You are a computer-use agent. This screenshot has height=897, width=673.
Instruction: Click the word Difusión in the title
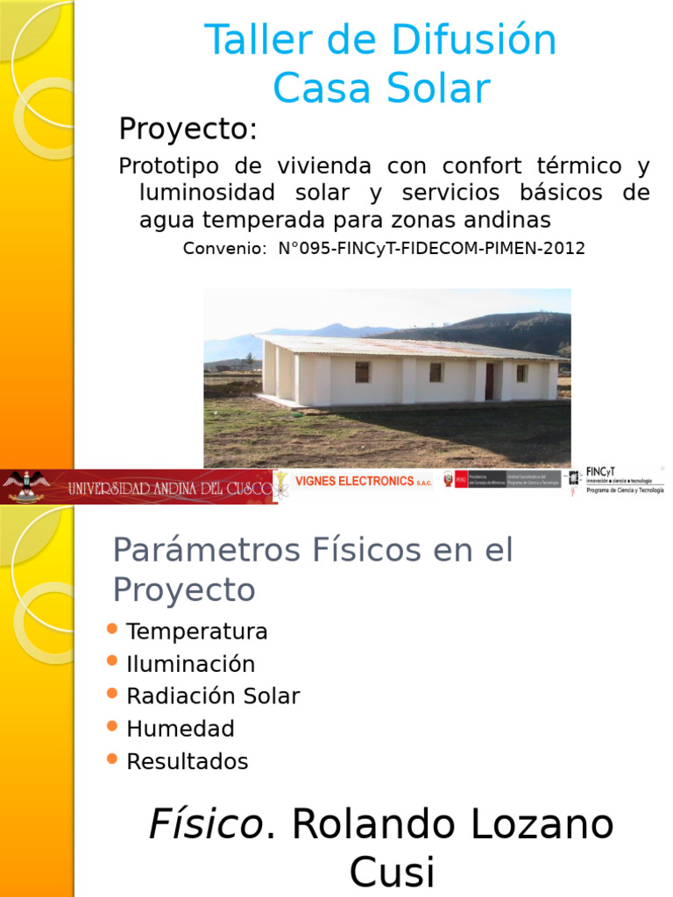pos(473,40)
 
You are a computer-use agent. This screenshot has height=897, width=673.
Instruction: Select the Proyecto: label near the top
pos(188,130)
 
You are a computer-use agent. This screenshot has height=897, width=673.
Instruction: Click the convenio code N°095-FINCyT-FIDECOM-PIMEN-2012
pos(430,248)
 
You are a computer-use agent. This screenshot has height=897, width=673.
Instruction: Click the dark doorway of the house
pos(489,380)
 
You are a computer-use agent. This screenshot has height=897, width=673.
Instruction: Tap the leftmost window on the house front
pos(362,372)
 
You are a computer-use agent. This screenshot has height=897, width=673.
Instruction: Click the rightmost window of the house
pos(521,372)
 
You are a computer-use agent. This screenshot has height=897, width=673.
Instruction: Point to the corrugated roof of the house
pos(403,346)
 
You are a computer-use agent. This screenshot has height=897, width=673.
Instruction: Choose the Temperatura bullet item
pos(196,632)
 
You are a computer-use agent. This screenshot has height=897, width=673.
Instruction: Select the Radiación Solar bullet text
pos(212,696)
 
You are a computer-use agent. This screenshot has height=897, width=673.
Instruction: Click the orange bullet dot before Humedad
pos(111,726)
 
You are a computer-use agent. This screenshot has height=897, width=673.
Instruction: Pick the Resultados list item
pos(187,761)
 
